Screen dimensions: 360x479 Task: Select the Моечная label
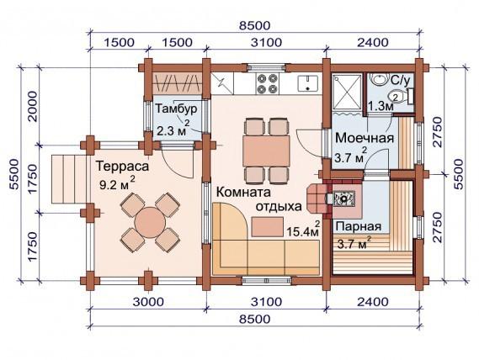click(365, 137)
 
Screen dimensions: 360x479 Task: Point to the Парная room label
click(359, 227)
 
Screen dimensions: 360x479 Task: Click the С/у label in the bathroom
click(402, 81)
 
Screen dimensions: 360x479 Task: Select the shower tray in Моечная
click(346, 88)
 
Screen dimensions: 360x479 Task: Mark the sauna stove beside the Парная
click(344, 200)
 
